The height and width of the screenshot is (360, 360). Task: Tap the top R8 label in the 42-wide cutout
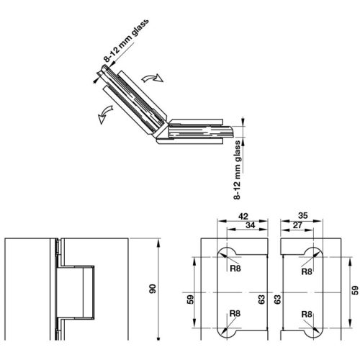click(x=235, y=272)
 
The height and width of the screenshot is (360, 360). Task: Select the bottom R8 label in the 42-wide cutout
click(x=235, y=314)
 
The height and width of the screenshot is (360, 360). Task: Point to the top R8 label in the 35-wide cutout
click(x=307, y=272)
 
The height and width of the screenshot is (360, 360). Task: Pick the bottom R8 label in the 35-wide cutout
click(x=307, y=314)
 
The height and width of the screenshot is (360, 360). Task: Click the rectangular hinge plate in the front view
click(x=76, y=291)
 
